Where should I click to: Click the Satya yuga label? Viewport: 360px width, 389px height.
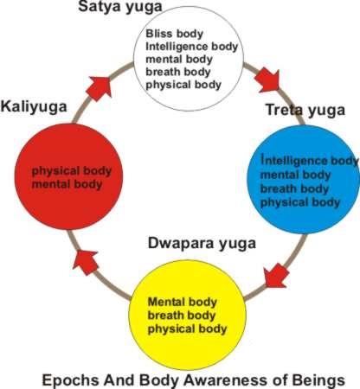[120, 7]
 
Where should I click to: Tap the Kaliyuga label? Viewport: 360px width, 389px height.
[34, 107]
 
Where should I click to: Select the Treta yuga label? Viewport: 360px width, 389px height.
[305, 111]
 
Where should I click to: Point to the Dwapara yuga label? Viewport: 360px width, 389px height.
[202, 244]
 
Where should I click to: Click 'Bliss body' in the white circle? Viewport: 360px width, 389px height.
[175, 34]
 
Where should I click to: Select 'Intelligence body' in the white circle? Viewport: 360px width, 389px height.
[192, 47]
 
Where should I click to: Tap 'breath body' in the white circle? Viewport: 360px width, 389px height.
[178, 72]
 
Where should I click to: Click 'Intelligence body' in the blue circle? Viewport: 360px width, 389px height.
[310, 161]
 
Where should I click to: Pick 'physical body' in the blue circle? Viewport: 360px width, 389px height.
[300, 202]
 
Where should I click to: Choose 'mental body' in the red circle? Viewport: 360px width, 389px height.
[67, 184]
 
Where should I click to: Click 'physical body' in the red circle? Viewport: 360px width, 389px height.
[72, 171]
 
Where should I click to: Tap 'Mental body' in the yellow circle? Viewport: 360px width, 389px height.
[183, 302]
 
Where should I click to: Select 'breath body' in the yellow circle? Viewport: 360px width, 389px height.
[182, 316]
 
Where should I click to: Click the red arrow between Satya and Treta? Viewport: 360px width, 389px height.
[267, 80]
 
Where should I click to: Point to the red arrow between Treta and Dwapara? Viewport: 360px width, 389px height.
[276, 276]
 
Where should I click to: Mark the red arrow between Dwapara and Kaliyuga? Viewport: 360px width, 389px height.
[85, 262]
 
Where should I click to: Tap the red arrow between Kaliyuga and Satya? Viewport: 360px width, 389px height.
[100, 88]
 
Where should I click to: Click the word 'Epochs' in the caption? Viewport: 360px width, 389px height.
[71, 380]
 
